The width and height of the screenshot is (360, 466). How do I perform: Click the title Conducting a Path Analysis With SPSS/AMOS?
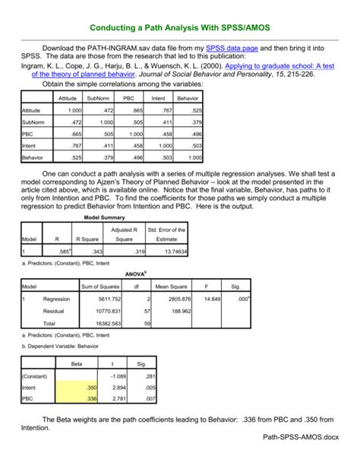click(179, 28)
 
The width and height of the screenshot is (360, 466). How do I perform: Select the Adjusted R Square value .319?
click(129, 250)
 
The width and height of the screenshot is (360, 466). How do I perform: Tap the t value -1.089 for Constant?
click(117, 376)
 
